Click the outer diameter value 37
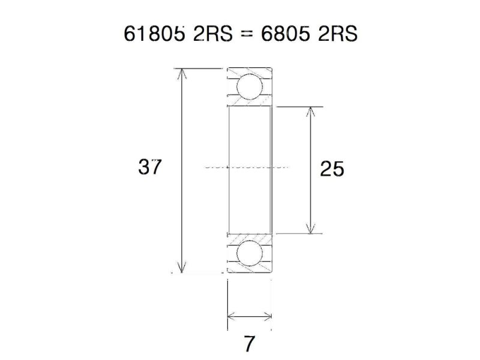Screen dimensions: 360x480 coord(150,167)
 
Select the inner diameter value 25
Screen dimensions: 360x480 coord(332,170)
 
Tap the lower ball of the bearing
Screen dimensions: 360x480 coord(250,254)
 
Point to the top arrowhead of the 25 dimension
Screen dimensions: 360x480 coord(310,112)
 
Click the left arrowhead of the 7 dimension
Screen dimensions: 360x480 coord(232,317)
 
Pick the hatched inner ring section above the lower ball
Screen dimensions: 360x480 coord(250,236)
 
